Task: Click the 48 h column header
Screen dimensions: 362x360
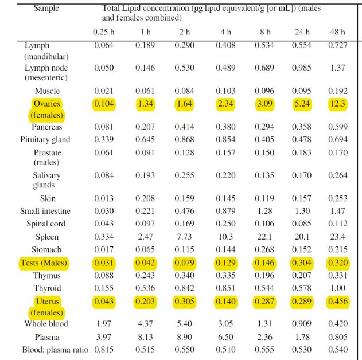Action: pos(337,32)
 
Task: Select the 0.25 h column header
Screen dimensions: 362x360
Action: pos(104,32)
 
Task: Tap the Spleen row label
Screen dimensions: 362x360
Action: pos(47,237)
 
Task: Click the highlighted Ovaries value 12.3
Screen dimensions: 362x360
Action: pos(337,104)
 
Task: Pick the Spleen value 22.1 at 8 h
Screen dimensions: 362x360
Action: pos(264,237)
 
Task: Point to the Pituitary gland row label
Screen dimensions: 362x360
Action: pos(45,139)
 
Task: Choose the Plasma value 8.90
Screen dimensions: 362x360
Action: pos(185,337)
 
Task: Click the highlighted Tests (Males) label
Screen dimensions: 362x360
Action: pos(44,263)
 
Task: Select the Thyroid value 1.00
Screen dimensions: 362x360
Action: pos(337,288)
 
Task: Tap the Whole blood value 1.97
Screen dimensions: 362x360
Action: pos(104,323)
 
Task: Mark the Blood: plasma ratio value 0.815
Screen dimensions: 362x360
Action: pos(104,350)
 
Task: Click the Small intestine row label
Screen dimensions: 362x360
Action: pos(45,211)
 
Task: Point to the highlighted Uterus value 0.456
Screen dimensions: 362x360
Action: pos(338,301)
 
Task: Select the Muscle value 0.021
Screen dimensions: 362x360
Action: pos(104,91)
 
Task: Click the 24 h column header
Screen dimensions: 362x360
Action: pos(302,32)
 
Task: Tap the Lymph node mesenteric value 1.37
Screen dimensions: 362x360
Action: pos(337,68)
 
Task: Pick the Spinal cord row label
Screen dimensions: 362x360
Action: pos(46,224)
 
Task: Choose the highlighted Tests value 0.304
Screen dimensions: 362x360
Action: pos(302,263)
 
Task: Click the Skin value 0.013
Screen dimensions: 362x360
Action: pos(104,198)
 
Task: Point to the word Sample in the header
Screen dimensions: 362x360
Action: pos(46,8)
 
